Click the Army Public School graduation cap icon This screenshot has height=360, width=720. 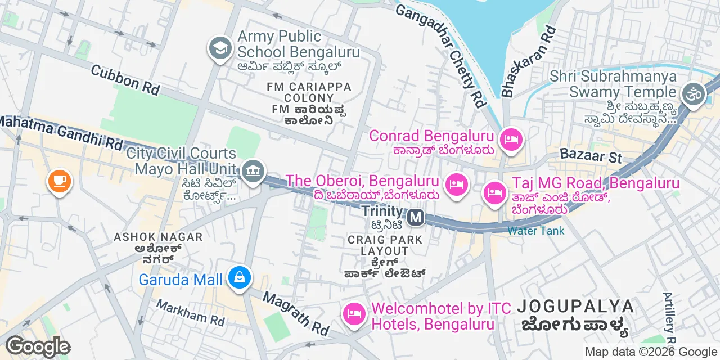(x=221, y=48)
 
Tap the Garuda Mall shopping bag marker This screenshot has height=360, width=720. (x=240, y=278)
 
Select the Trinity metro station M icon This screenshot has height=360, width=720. (x=416, y=217)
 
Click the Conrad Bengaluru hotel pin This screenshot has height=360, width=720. (x=511, y=139)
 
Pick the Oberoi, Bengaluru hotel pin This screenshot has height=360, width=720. (x=456, y=184)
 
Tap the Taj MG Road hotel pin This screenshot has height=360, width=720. (x=494, y=193)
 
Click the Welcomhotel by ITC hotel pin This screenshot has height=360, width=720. (x=354, y=313)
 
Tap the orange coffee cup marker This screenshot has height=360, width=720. (x=59, y=181)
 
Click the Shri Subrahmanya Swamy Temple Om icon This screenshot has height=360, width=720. (x=692, y=94)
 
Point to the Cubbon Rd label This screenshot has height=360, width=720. (x=125, y=80)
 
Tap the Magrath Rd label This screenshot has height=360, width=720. (x=296, y=314)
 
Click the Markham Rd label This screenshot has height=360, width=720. (x=190, y=313)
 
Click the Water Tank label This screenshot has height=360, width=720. (x=535, y=231)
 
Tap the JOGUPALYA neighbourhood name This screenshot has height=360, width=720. (x=575, y=307)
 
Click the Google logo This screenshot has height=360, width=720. (x=38, y=346)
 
